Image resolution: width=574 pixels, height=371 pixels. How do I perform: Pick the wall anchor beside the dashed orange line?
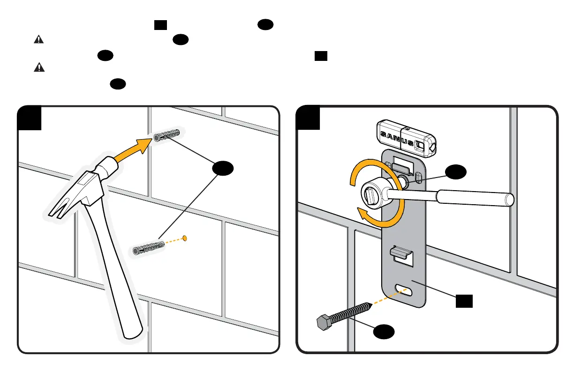[148, 247]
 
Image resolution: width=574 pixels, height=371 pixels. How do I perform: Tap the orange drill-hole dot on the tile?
[184, 237]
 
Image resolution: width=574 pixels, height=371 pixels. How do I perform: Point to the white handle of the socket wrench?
[474, 198]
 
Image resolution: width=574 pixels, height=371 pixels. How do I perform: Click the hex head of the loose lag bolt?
[323, 323]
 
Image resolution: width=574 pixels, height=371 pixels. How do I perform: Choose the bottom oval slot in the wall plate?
[404, 289]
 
